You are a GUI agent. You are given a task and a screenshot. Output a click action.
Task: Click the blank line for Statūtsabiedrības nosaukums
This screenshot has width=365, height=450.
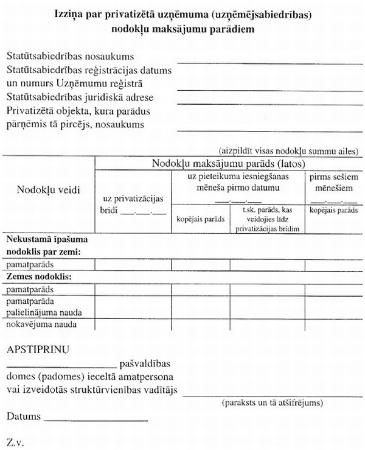tap(268, 62)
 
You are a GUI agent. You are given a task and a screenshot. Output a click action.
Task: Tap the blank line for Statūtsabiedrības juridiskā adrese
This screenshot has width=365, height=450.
tap(268, 102)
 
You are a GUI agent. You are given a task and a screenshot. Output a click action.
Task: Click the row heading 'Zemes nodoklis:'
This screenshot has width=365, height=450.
tap(35, 276)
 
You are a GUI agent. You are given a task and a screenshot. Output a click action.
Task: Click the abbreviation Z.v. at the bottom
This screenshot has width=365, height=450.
tap(15, 440)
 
